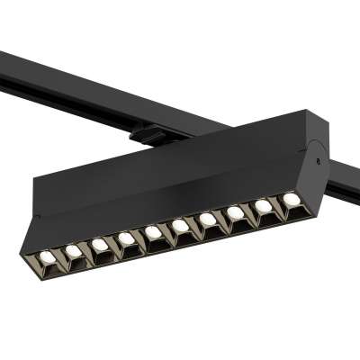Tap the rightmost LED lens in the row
(291, 198)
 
